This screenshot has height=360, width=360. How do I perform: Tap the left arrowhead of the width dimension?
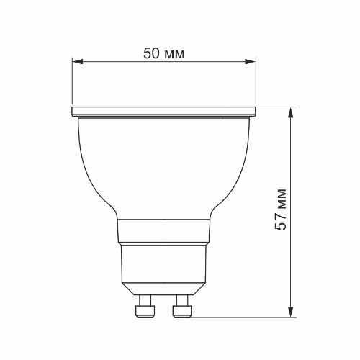click(x=77, y=63)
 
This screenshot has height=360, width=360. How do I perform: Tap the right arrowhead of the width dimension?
click(x=252, y=63)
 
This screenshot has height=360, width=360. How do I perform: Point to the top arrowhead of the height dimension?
click(x=291, y=112)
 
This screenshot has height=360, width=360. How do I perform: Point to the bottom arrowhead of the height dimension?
click(x=291, y=311)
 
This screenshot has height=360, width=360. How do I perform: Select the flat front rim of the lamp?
click(x=164, y=112)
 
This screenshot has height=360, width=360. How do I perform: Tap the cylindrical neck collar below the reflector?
click(x=164, y=231)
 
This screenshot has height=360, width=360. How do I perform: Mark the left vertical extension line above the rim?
click(x=73, y=83)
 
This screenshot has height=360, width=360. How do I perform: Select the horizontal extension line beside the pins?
click(x=245, y=316)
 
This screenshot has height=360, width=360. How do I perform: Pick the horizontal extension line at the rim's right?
click(x=277, y=107)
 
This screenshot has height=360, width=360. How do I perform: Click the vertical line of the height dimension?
click(x=291, y=166)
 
